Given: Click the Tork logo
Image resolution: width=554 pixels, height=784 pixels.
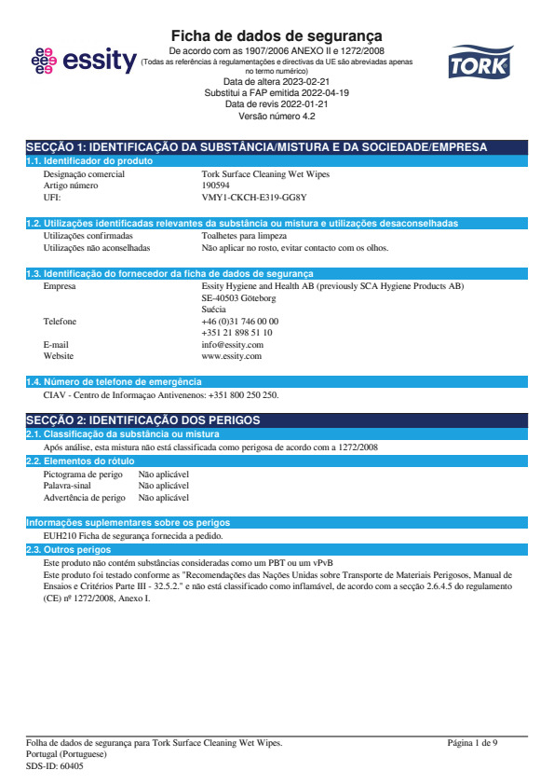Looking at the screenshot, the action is point(478,62).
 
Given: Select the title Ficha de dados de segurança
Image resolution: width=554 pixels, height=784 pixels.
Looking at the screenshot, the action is point(277,35).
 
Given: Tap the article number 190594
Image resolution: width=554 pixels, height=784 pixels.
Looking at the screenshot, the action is point(218,186).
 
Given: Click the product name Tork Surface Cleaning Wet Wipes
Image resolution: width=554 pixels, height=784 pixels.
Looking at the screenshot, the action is point(265,174).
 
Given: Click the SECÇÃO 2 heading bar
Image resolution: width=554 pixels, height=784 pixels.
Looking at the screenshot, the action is point(277,421).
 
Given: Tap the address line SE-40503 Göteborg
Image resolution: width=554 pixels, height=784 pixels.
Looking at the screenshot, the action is point(238,298).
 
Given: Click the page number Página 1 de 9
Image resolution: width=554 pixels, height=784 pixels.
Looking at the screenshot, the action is point(472,743).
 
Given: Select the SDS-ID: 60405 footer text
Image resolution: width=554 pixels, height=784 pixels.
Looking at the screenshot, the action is point(54,765).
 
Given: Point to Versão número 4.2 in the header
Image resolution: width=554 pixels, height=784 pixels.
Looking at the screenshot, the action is point(277,117).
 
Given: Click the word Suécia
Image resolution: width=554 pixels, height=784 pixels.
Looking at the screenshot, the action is point(213,309).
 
